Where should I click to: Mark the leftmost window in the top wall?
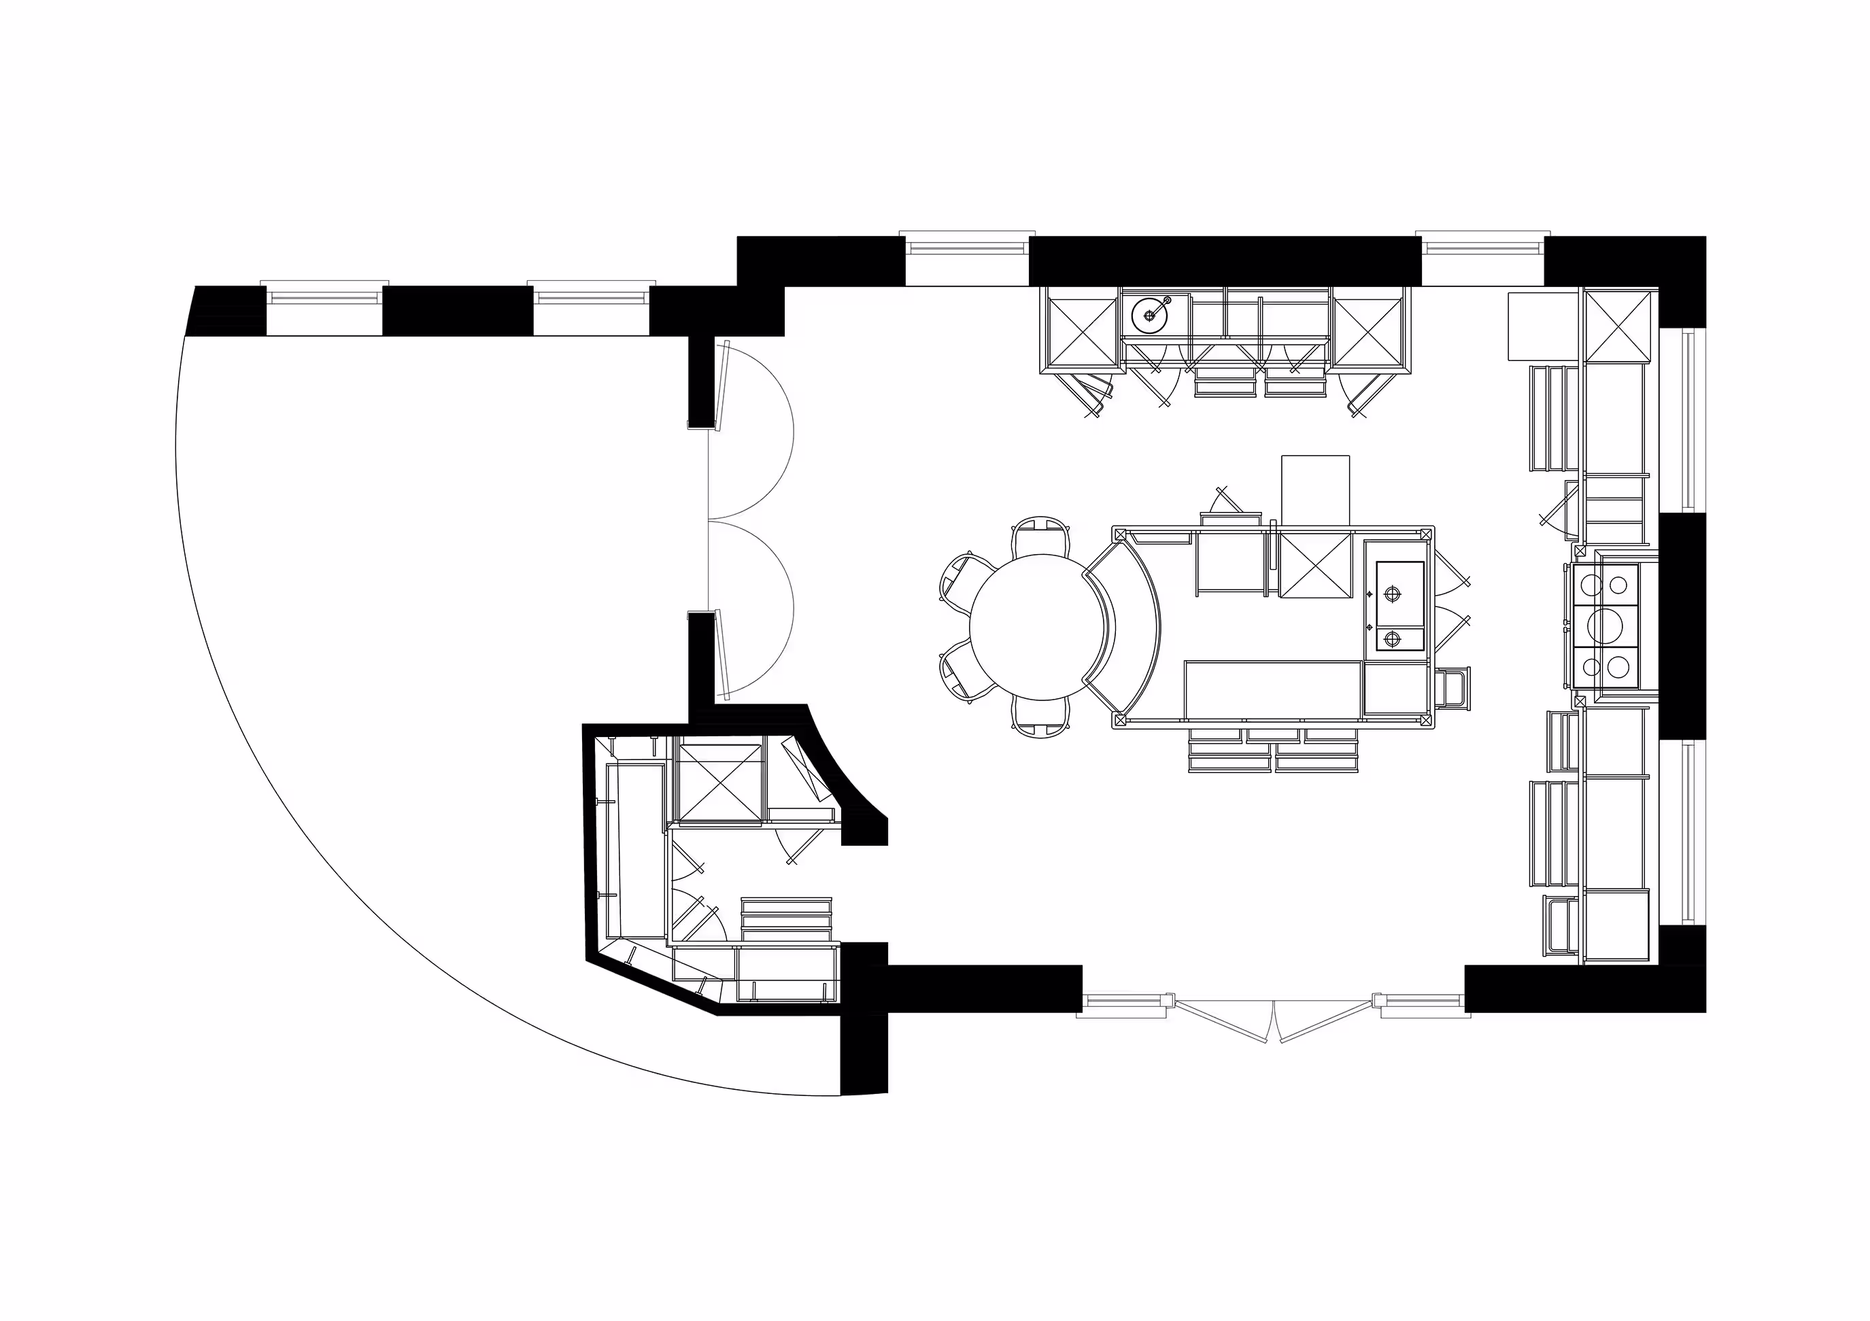pyautogui.click(x=325, y=298)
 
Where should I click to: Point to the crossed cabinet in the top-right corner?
pyautogui.click(x=1618, y=325)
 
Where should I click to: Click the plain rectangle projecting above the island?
pyautogui.click(x=1315, y=489)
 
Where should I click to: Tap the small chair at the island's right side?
pyautogui.click(x=1454, y=688)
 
